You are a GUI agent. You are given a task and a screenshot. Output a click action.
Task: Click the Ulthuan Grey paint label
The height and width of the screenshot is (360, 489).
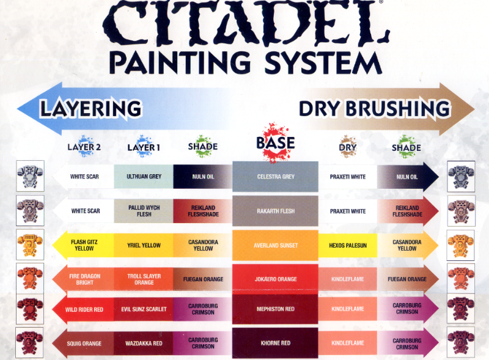[144, 177]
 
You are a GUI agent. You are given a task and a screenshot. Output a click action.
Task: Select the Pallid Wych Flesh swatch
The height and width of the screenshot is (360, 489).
[144, 211]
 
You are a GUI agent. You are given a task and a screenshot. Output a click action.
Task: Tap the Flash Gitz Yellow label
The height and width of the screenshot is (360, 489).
[85, 245]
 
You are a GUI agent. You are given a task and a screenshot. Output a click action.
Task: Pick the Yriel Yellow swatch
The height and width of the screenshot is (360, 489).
[144, 245]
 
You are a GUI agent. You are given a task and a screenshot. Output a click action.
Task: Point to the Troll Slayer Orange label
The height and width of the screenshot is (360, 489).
[144, 279]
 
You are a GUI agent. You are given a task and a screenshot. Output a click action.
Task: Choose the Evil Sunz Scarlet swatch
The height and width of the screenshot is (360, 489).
[144, 309]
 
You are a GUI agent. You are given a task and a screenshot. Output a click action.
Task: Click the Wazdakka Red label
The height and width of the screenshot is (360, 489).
[144, 343]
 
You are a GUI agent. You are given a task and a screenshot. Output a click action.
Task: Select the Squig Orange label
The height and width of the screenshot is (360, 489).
[85, 343]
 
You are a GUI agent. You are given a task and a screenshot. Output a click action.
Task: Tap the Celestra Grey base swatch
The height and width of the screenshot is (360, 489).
[275, 177]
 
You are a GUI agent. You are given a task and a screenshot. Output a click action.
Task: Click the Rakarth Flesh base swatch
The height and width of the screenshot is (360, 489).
[275, 211]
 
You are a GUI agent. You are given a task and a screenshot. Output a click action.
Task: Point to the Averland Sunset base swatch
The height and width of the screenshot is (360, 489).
[275, 245]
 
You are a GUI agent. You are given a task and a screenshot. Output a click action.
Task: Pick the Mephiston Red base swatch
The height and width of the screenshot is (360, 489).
[275, 309]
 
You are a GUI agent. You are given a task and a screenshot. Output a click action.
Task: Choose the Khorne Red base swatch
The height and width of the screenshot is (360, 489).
[275, 343]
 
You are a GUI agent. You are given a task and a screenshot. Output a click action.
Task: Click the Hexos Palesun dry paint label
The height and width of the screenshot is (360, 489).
[347, 245]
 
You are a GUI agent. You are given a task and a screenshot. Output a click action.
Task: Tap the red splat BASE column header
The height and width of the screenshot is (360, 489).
[275, 142]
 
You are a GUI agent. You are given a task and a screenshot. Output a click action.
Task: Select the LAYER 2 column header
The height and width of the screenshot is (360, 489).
[84, 147]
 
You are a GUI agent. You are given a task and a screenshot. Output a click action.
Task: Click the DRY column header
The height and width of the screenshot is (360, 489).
[347, 147]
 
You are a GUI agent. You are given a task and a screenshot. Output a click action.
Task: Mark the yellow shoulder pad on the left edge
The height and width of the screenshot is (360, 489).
[30, 244]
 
